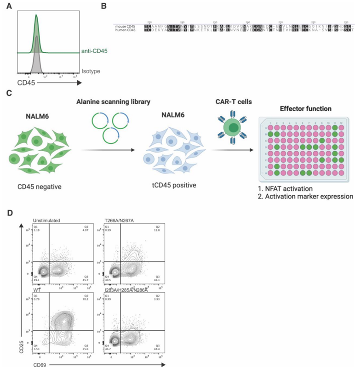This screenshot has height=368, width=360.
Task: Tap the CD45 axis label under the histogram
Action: [27, 83]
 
